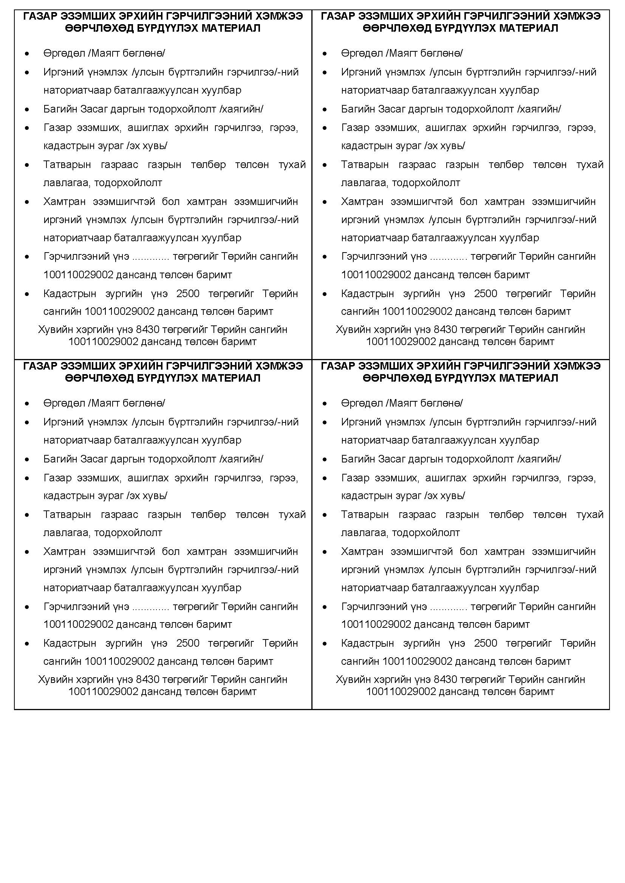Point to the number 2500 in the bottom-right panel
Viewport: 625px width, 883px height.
point(485,643)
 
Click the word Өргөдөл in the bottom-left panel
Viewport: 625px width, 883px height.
point(64,403)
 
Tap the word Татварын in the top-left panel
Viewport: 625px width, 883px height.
point(67,165)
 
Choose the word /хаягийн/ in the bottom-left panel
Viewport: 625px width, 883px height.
point(241,459)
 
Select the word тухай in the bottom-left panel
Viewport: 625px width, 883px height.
point(292,515)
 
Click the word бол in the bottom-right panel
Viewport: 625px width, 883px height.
point(468,552)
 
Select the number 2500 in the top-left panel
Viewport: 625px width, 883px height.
point(188,293)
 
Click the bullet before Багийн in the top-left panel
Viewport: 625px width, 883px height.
point(27,110)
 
